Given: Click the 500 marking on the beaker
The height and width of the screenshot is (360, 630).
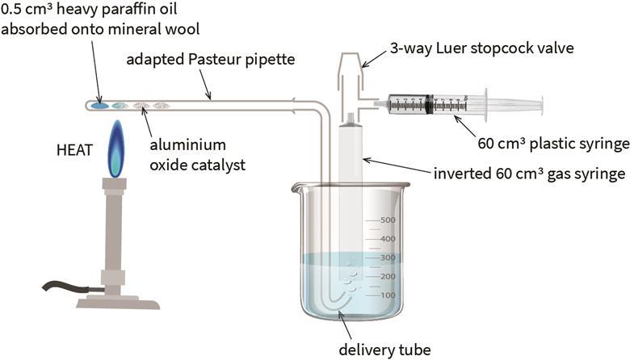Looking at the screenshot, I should [387, 220].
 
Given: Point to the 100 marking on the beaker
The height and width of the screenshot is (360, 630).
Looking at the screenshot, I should [387, 295].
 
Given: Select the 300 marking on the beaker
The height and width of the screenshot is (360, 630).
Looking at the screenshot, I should [387, 257].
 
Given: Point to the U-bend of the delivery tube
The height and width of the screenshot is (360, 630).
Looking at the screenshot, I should [332, 302].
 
